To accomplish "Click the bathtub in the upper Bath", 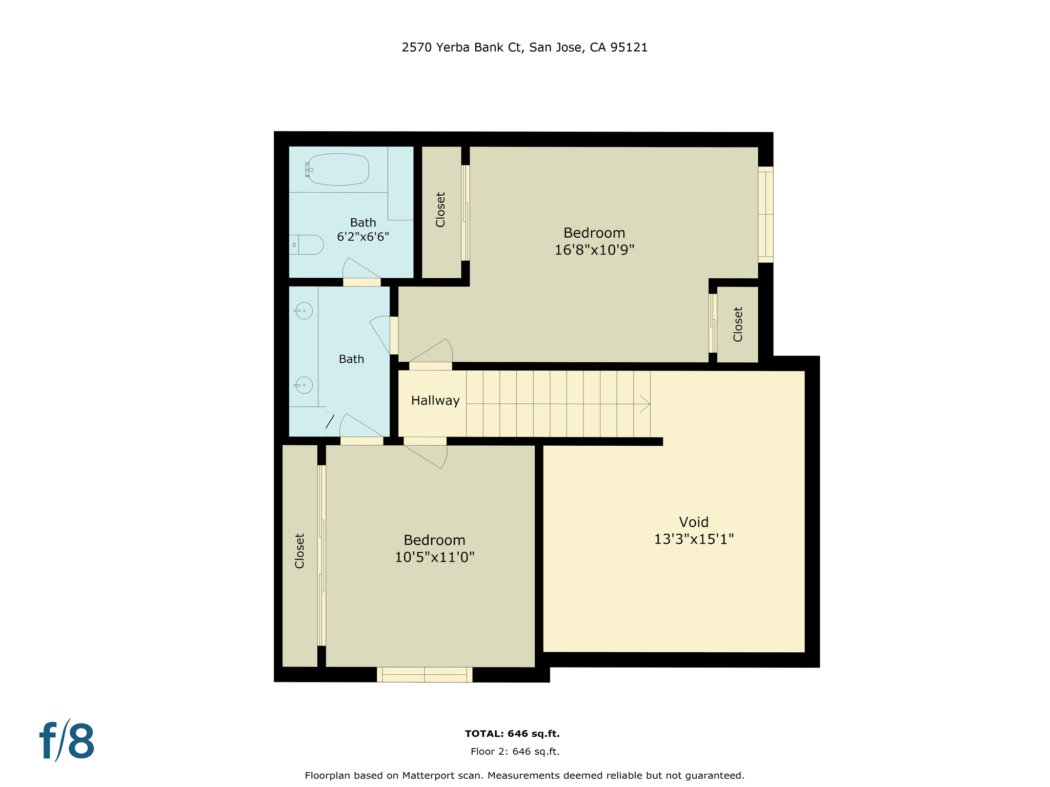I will point(338,169).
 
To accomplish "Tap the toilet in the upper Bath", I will point(308,245).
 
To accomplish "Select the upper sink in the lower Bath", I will point(304,310).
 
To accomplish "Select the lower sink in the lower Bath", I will point(304,385).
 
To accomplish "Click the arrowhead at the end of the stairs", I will point(645,404).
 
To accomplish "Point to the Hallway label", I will point(435,401).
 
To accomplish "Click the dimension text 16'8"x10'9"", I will point(594,250).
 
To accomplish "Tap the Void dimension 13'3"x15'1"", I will point(694,539).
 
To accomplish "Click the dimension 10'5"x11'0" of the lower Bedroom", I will point(434,557).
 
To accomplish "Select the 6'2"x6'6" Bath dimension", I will point(363,237).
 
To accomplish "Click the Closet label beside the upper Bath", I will point(440,210).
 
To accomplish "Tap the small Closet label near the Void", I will point(738,324).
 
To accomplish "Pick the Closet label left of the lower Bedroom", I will point(300,551).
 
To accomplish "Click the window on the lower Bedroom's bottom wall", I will point(425,674).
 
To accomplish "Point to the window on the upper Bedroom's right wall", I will point(765,214).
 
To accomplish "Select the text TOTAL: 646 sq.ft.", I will point(512,734).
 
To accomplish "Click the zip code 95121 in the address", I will point(629,48).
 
